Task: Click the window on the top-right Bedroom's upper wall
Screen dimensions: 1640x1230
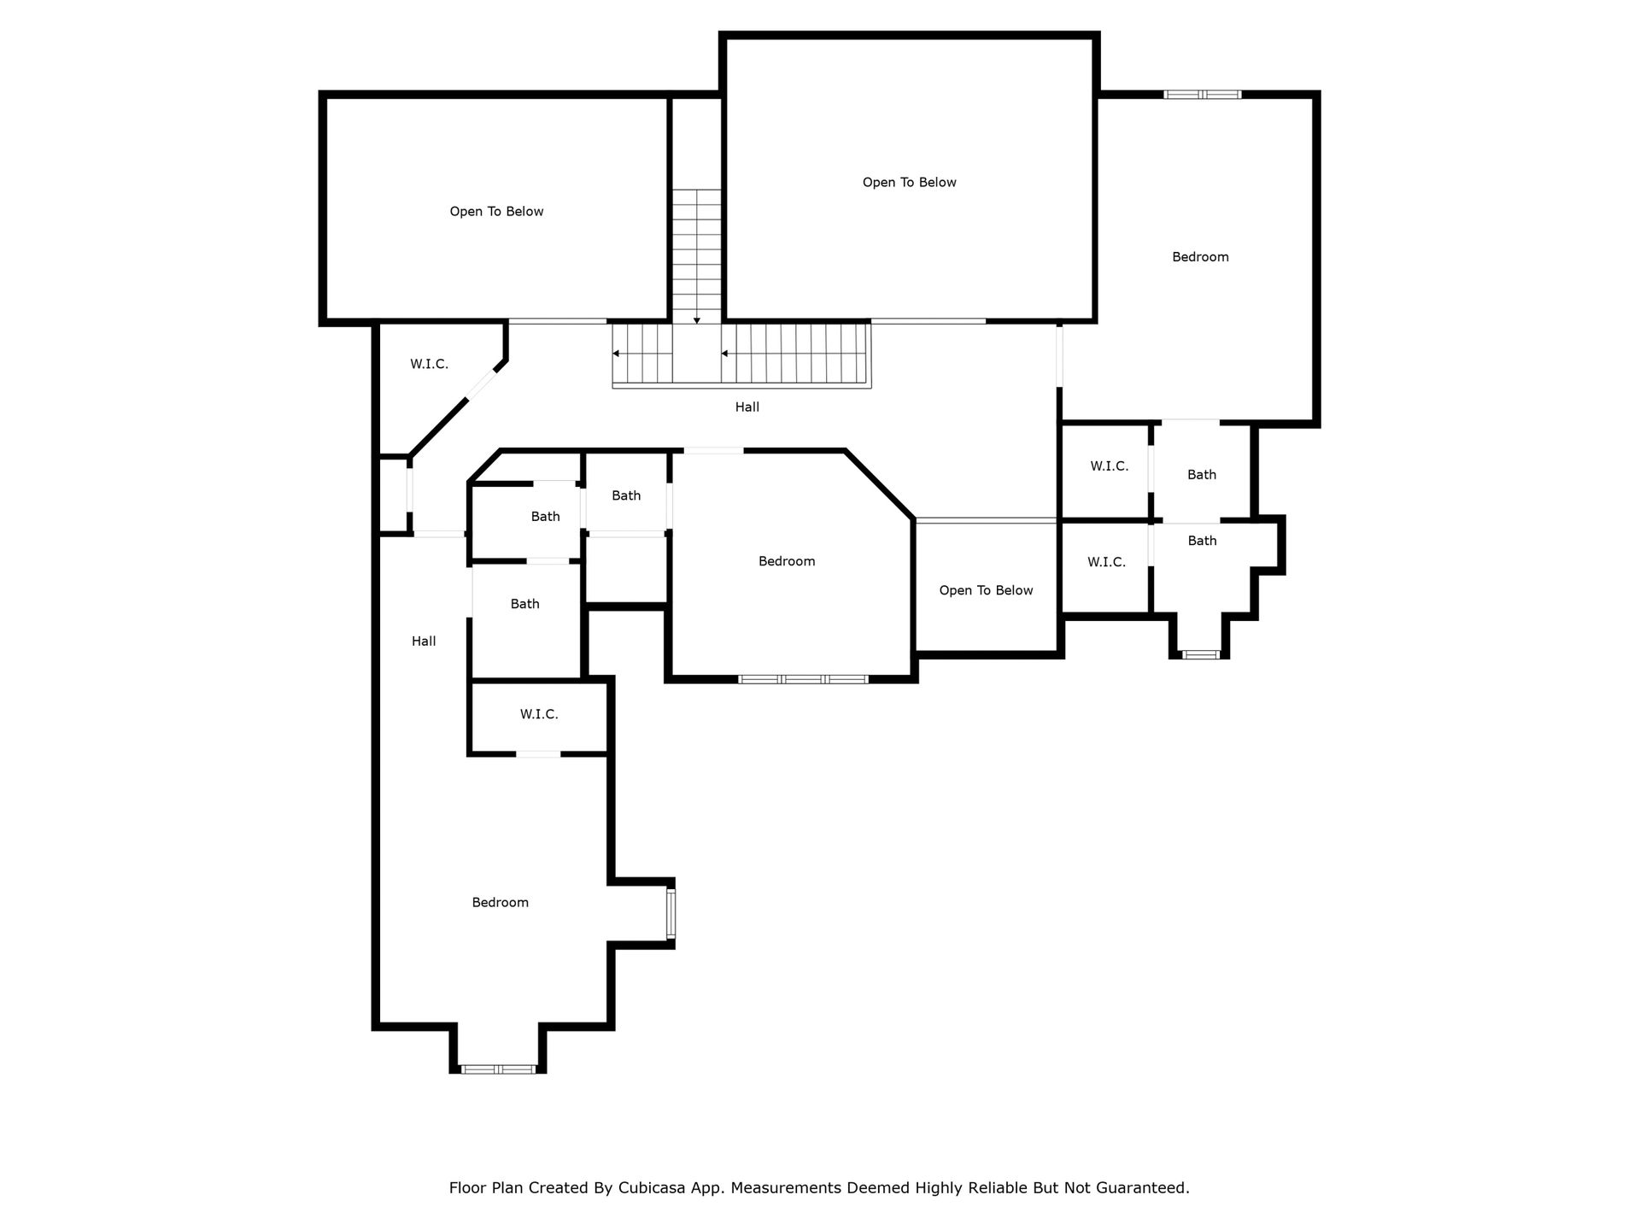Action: pyautogui.click(x=1202, y=94)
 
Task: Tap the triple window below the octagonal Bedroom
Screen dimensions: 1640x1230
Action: pyautogui.click(x=803, y=679)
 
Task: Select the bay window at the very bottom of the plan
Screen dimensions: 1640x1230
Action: pyautogui.click(x=498, y=1069)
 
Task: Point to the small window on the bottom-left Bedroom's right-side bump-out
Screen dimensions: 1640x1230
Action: pyautogui.click(x=671, y=914)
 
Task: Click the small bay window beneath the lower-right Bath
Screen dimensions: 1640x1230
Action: pyautogui.click(x=1200, y=654)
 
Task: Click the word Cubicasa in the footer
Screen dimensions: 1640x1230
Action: pyautogui.click(x=653, y=1187)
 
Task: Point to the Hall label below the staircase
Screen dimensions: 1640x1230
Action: pyautogui.click(x=747, y=407)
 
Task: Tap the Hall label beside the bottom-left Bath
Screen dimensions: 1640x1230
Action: pyautogui.click(x=424, y=641)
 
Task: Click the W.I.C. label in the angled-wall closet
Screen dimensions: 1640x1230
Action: pyautogui.click(x=429, y=364)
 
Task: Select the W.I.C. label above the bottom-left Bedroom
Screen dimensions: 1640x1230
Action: pyautogui.click(x=539, y=714)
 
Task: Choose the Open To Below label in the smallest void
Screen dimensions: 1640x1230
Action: pyautogui.click(x=986, y=590)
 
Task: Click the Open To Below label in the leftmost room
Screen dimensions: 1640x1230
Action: pyautogui.click(x=496, y=212)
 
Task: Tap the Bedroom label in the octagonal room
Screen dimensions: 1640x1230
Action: pyautogui.click(x=787, y=561)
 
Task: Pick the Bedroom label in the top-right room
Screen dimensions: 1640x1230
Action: pyautogui.click(x=1200, y=257)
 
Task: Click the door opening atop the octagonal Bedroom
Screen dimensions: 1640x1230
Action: pyautogui.click(x=713, y=450)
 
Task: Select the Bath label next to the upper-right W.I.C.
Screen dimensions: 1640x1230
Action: pyautogui.click(x=1202, y=475)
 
